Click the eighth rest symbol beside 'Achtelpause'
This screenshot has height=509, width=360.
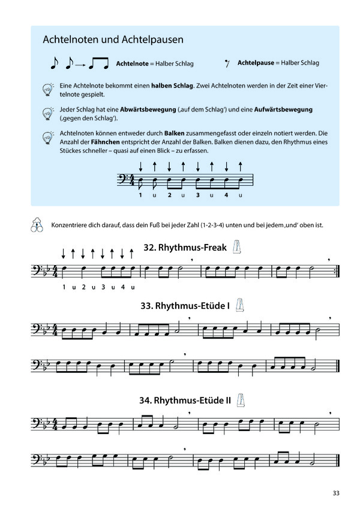coord(227,63)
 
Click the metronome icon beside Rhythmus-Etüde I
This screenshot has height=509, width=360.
coord(241,305)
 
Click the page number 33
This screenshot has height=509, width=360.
coord(335,493)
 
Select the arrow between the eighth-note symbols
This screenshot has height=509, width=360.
coord(79,63)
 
